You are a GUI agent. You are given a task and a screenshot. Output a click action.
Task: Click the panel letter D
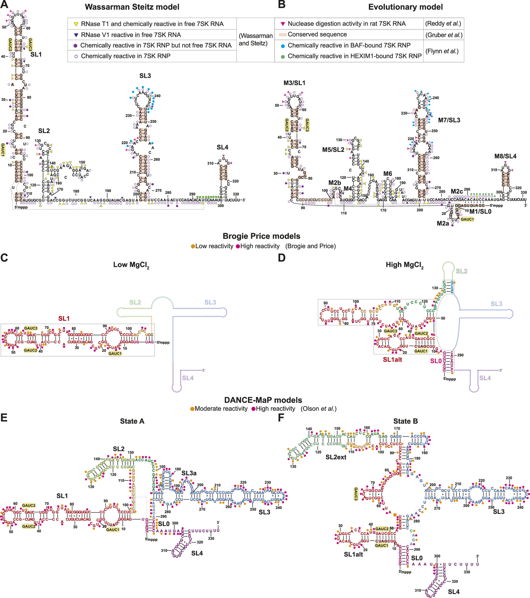[281, 258]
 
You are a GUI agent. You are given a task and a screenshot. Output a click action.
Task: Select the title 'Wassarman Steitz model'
[132, 7]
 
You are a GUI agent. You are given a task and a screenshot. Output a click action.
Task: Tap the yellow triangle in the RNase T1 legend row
[76, 24]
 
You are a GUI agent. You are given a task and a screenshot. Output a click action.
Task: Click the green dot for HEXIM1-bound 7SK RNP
[283, 57]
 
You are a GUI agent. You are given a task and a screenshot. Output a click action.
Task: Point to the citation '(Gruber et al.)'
[444, 35]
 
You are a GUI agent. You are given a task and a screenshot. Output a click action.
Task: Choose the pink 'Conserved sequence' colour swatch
[283, 35]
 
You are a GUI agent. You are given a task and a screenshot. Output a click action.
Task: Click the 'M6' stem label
[388, 174]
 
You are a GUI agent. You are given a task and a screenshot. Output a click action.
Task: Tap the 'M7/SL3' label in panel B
[449, 120]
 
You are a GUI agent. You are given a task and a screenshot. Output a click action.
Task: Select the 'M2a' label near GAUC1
[443, 223]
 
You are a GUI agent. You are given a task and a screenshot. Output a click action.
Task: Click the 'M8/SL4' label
[505, 156]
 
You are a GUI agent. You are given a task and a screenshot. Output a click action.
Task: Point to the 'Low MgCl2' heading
[131, 265]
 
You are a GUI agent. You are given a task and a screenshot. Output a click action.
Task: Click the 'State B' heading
[405, 421]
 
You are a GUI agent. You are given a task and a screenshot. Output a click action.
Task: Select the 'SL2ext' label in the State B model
[336, 457]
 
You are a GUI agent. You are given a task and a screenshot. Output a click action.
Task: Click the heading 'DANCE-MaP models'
[263, 400]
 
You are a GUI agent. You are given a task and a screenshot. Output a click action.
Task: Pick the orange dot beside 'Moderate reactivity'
[192, 409]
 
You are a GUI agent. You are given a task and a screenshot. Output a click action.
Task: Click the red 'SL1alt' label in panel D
[392, 360]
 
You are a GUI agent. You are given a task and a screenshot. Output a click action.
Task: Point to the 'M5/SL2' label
[333, 150]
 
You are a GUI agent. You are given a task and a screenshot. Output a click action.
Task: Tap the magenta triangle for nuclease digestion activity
[283, 24]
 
